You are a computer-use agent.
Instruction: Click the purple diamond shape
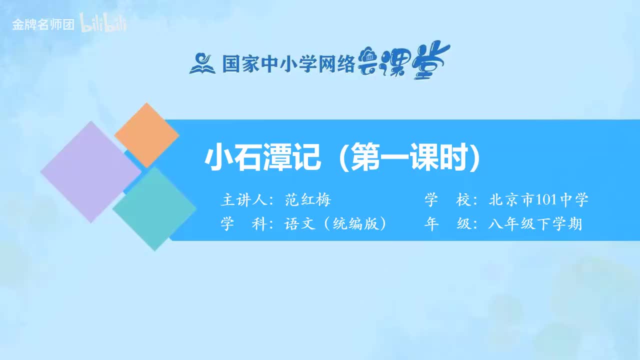[90, 171]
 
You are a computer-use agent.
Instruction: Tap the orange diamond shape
[146, 135]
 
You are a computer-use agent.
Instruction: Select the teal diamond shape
[154, 208]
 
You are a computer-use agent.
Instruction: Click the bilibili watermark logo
[103, 24]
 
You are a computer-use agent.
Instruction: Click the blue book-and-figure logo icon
[202, 63]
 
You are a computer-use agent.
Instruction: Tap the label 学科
[243, 224]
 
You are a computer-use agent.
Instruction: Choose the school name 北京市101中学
[538, 200]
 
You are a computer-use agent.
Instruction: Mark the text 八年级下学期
[535, 224]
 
